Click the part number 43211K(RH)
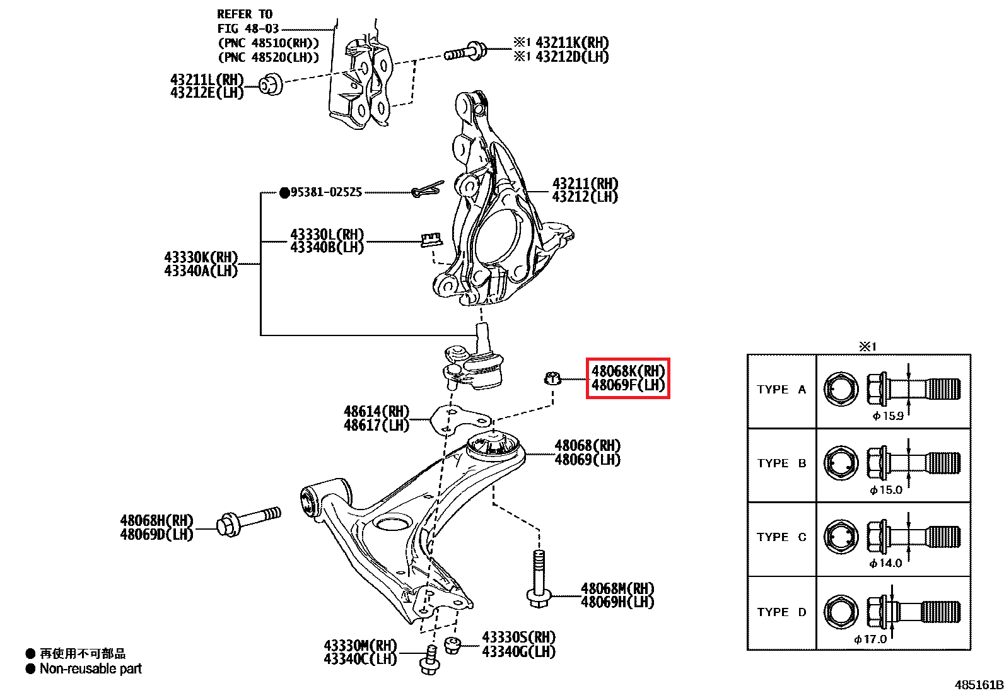572,43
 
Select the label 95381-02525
326,192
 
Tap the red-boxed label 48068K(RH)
628,371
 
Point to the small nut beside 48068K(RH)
552,378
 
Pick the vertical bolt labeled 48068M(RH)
539,578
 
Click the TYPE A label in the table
781,390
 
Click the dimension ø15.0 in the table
886,490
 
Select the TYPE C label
781,537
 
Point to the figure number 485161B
979,685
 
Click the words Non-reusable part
91,668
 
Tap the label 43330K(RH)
201,257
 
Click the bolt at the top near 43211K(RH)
466,52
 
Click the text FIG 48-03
248,28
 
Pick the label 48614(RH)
376,412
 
